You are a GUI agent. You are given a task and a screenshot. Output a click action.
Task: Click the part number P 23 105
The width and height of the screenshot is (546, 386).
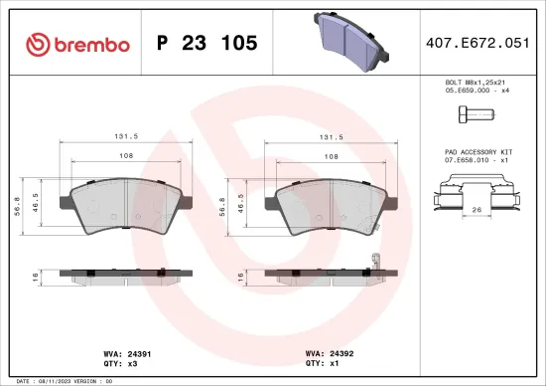click(x=207, y=43)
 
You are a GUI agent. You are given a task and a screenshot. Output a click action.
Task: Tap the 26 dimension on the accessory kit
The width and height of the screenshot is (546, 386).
click(x=477, y=210)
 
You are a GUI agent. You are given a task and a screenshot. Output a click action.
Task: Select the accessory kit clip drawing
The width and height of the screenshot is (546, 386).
click(x=478, y=196)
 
